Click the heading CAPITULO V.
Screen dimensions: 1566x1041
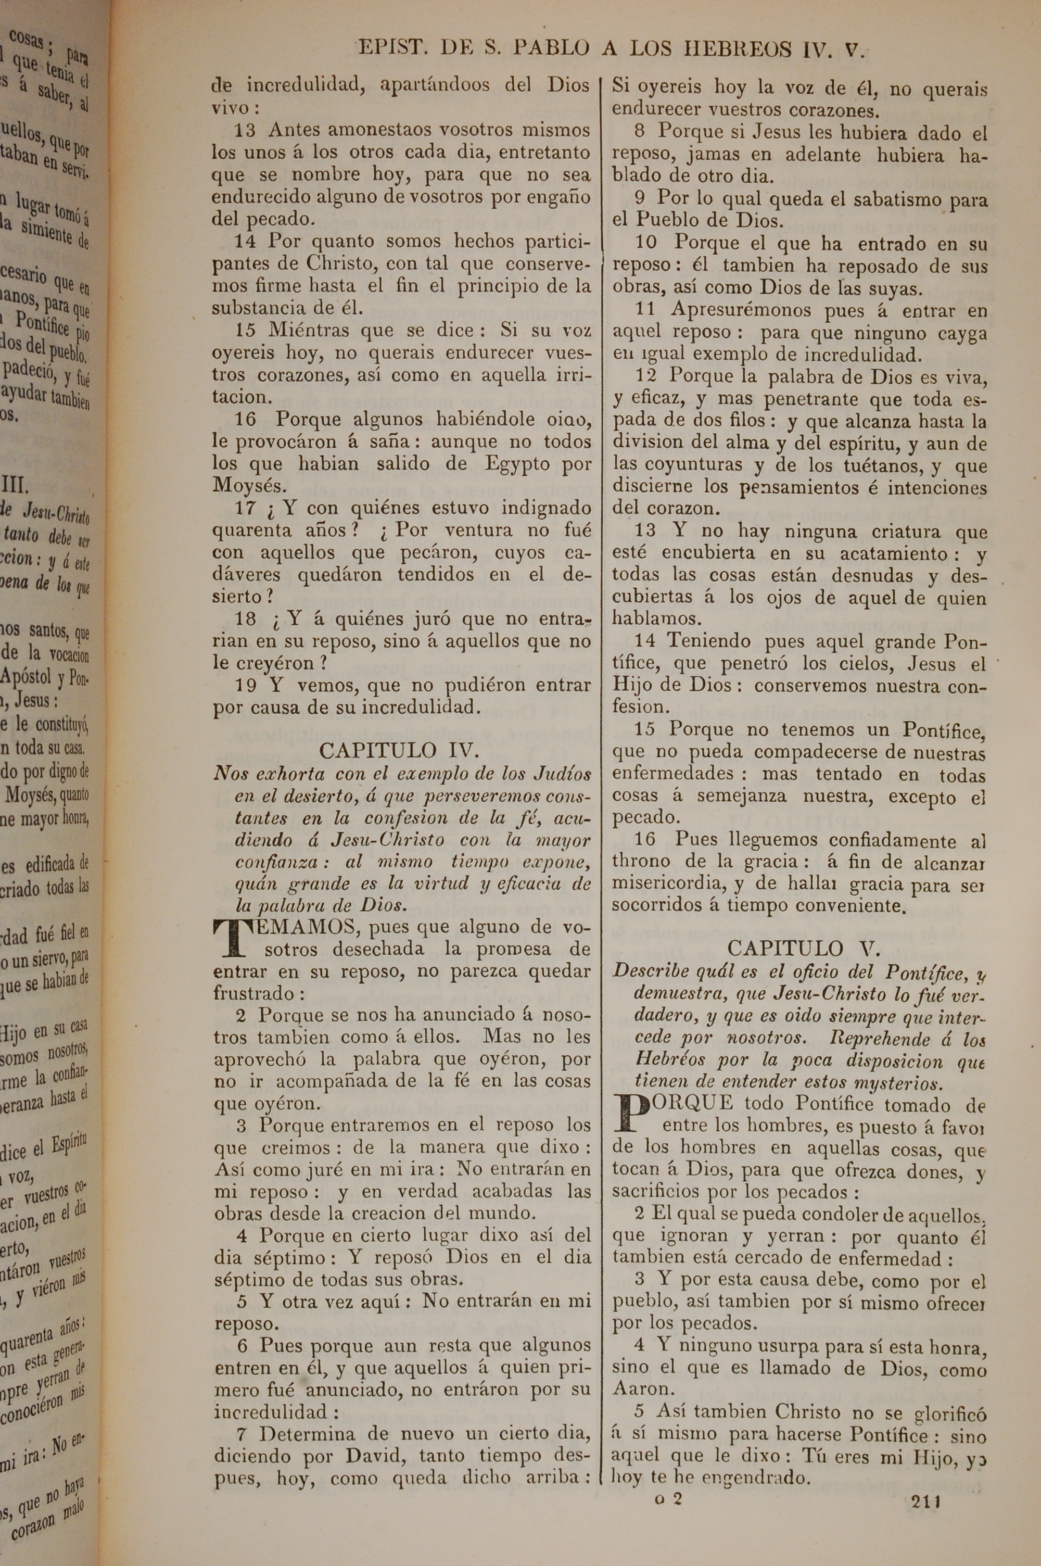[804, 948]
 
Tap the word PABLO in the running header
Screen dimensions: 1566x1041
[552, 48]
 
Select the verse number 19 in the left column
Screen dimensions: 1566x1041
[246, 685]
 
